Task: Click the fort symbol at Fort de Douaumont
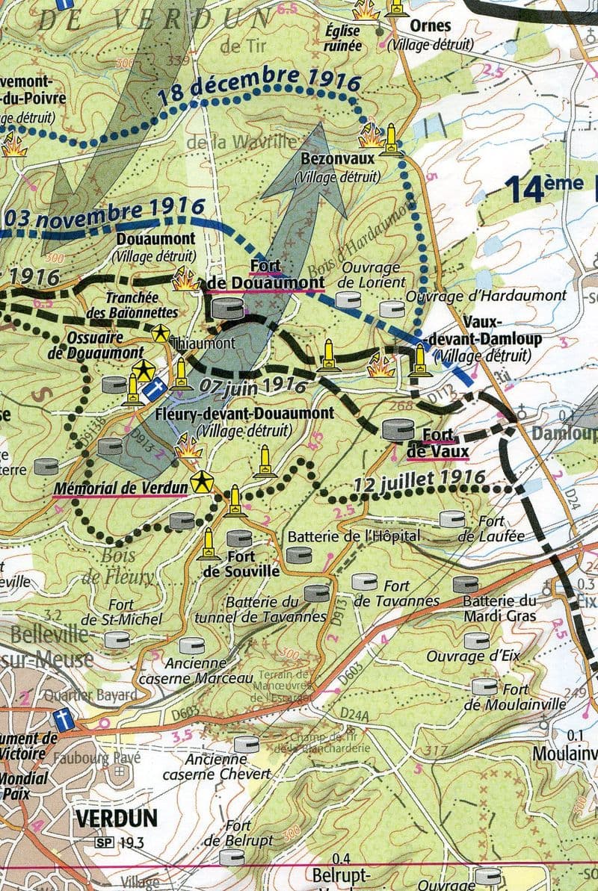tap(229, 307)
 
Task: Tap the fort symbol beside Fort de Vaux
tap(396, 429)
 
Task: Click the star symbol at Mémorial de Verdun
tap(199, 483)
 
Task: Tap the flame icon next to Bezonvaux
tap(371, 137)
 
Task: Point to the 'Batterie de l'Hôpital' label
tap(354, 535)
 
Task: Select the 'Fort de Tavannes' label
tap(396, 594)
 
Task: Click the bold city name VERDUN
tap(116, 818)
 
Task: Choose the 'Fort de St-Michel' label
tap(121, 612)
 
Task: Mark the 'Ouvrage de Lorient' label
tap(371, 275)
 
